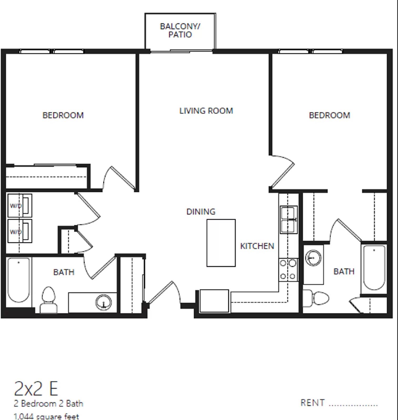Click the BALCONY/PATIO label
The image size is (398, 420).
click(x=180, y=30)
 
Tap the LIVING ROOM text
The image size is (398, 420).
click(x=206, y=111)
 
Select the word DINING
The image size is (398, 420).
click(x=201, y=212)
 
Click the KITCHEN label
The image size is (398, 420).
click(x=257, y=246)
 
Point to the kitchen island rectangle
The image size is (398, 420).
click(x=221, y=243)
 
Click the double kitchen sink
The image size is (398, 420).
click(x=288, y=220)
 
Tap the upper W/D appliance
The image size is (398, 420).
click(x=20, y=206)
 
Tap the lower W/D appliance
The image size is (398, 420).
click(x=20, y=231)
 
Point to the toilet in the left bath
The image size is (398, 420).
click(x=49, y=299)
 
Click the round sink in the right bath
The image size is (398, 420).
click(x=313, y=258)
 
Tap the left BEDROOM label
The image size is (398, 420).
click(x=63, y=115)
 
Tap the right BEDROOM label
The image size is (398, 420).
click(x=329, y=115)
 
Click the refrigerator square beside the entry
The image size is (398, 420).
click(x=214, y=301)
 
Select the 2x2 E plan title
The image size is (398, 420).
click(x=36, y=389)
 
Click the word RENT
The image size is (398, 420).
click(x=312, y=403)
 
